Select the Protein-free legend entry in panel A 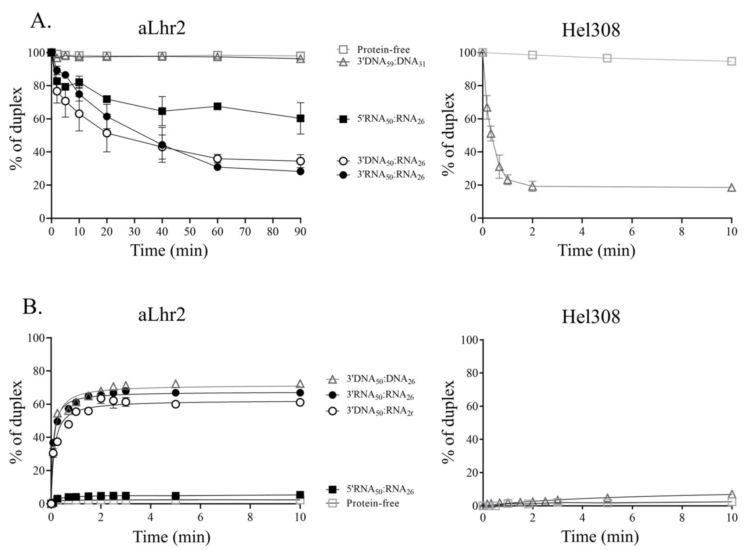point(383,49)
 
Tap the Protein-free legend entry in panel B point(372,503)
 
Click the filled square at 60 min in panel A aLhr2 point(217,106)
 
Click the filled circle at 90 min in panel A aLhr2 point(300,171)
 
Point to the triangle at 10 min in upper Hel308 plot point(731,188)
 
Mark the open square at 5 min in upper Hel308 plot point(607,58)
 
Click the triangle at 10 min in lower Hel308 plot point(731,494)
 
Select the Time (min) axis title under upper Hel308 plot point(596,251)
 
